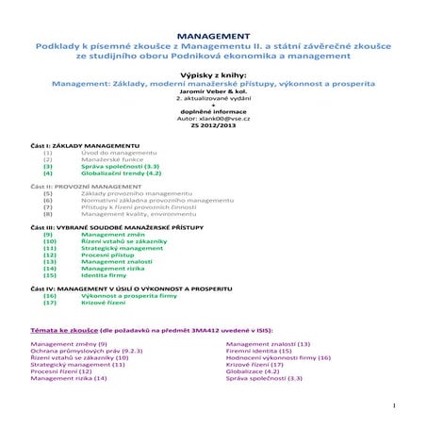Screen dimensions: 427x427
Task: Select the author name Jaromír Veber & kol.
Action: [213, 92]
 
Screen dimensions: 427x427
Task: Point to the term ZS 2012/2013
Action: [213, 125]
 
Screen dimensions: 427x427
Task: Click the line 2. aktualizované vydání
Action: [213, 99]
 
